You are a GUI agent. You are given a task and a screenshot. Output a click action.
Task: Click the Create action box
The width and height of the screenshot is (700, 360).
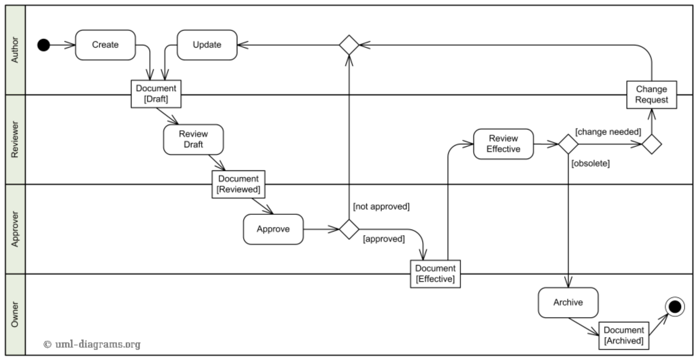[105, 45]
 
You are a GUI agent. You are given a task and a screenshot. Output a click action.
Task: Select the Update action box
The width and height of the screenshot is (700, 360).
[207, 45]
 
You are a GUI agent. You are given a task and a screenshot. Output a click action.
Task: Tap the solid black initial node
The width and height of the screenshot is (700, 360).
[43, 45]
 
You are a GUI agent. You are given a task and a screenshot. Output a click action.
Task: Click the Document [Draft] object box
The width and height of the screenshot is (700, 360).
[156, 94]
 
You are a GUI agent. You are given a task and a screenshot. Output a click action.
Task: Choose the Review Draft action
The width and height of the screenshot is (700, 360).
[193, 139]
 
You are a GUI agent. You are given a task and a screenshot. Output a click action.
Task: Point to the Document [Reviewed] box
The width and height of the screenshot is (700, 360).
[238, 184]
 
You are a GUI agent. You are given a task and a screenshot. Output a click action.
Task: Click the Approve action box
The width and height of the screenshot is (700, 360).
[273, 229]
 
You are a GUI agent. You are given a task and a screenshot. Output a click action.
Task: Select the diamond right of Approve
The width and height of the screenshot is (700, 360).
[349, 229]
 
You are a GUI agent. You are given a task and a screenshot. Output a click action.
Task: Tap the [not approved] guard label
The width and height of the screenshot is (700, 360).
[381, 206]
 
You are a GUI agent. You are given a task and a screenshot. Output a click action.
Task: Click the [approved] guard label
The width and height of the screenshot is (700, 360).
[384, 239]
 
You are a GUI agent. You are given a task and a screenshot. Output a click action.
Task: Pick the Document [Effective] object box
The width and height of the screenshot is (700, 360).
[435, 274]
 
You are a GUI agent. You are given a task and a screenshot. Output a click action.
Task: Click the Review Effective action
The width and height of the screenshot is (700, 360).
[503, 144]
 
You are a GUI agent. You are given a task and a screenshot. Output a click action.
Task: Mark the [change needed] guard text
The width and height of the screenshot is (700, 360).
[608, 132]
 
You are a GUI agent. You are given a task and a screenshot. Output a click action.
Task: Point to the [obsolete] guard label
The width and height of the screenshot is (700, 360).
[590, 163]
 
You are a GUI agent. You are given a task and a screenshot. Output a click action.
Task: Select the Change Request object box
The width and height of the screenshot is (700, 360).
[651, 95]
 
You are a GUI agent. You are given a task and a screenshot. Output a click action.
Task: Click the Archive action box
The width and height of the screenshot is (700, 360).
[568, 302]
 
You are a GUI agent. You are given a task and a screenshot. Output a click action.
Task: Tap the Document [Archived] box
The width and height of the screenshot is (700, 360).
[624, 335]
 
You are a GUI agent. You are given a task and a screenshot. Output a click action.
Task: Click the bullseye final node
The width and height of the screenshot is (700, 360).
[675, 307]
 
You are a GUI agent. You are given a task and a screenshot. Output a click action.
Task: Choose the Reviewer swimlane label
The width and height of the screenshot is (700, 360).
[14, 139]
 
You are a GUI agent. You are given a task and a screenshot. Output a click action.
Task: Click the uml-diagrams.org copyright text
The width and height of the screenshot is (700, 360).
[92, 344]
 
